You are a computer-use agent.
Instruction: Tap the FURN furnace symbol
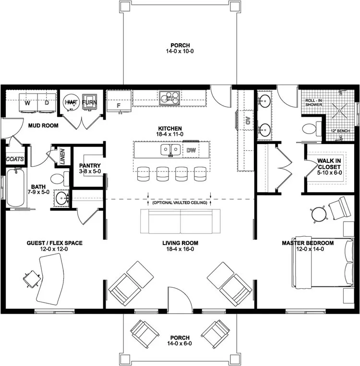(x=89, y=102)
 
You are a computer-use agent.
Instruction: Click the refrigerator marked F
(x=118, y=104)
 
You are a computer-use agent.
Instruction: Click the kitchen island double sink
(x=170, y=150)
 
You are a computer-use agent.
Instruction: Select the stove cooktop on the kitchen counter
(x=169, y=98)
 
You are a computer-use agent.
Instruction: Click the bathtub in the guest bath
(x=14, y=186)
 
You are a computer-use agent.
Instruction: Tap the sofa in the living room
(x=180, y=220)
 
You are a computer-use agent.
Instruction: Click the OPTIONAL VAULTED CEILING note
(x=180, y=203)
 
